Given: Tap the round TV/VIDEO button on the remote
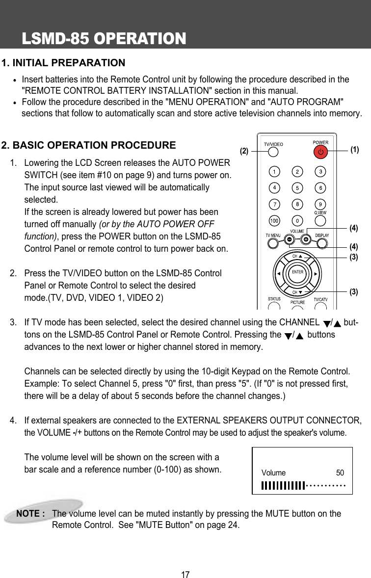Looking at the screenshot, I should [273, 152].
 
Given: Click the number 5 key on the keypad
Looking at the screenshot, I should [297, 187].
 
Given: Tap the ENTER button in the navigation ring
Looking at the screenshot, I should [297, 272].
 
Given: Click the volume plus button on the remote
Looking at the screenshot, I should [306, 239].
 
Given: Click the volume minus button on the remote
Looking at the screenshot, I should [289, 239].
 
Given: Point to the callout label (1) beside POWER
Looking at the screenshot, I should [354, 150].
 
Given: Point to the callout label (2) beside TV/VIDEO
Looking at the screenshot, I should [244, 152].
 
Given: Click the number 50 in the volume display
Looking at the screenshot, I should [340, 473].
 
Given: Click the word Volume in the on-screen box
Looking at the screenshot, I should [273, 473].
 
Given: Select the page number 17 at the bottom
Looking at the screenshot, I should [185, 574].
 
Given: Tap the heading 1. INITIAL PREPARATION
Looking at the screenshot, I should [63, 63].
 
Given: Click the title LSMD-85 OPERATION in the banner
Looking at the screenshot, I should [104, 38].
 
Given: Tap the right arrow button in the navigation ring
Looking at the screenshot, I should [316, 273].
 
